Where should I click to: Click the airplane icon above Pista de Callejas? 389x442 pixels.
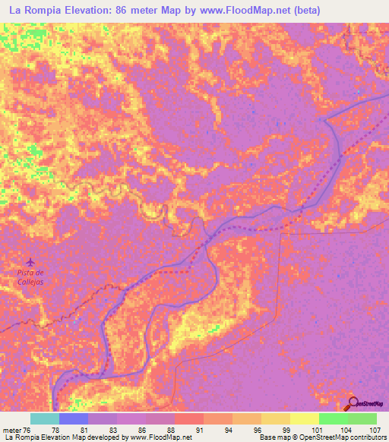[x=30, y=262]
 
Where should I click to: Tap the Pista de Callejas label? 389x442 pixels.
[x=31, y=276]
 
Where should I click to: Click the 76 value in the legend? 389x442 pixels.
[x=30, y=430]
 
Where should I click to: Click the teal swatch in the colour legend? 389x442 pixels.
[x=45, y=418]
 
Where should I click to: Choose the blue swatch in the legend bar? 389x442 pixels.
[x=74, y=418]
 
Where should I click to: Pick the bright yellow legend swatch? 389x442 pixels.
[x=304, y=418]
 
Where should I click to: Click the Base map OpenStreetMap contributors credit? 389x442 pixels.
[x=321, y=438]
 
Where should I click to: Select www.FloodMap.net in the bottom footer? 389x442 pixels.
[x=157, y=438]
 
